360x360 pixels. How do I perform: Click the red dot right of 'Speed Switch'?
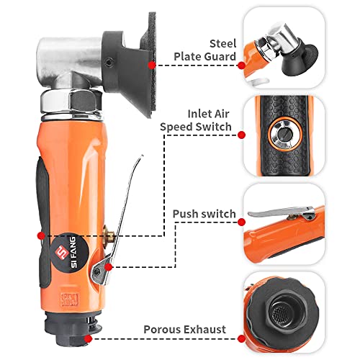tap(241, 134)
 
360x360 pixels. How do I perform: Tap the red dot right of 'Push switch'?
tap(241, 215)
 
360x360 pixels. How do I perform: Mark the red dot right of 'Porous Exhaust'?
tap(241, 330)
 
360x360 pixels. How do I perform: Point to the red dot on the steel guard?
tap(152, 65)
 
